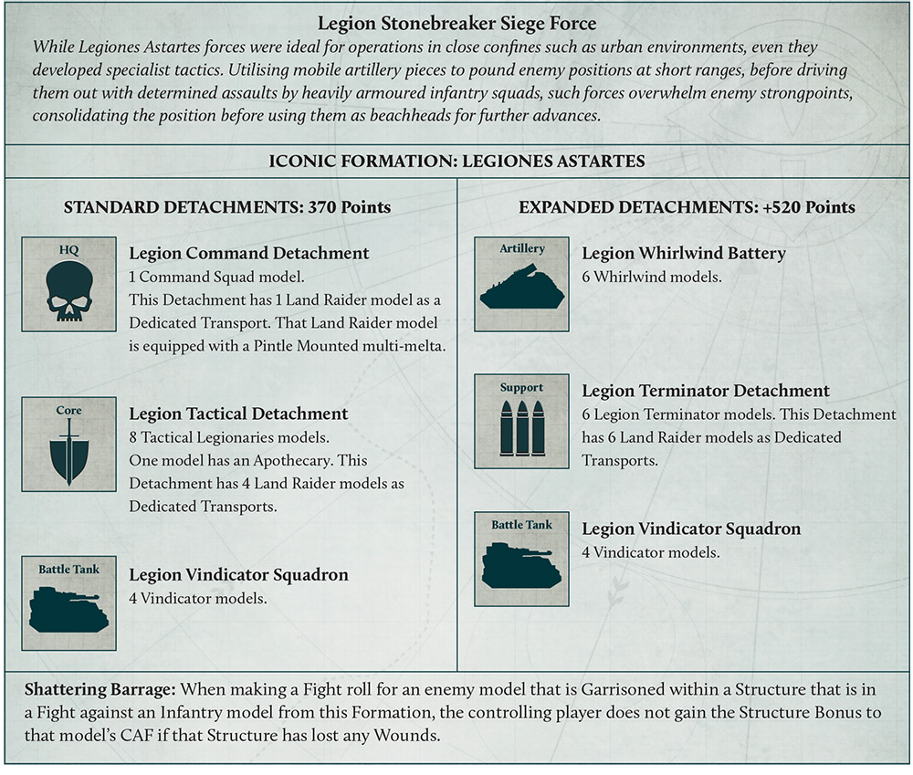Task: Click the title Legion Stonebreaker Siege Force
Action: pos(457,23)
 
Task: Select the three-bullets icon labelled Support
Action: pos(522,427)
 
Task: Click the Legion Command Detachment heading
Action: pos(249,253)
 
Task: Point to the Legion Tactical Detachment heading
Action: pos(238,414)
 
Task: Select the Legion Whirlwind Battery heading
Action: pos(684,253)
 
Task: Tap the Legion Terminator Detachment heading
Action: pos(706,391)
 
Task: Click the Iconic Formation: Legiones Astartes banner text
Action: pos(457,162)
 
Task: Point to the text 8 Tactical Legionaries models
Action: pos(227,436)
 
